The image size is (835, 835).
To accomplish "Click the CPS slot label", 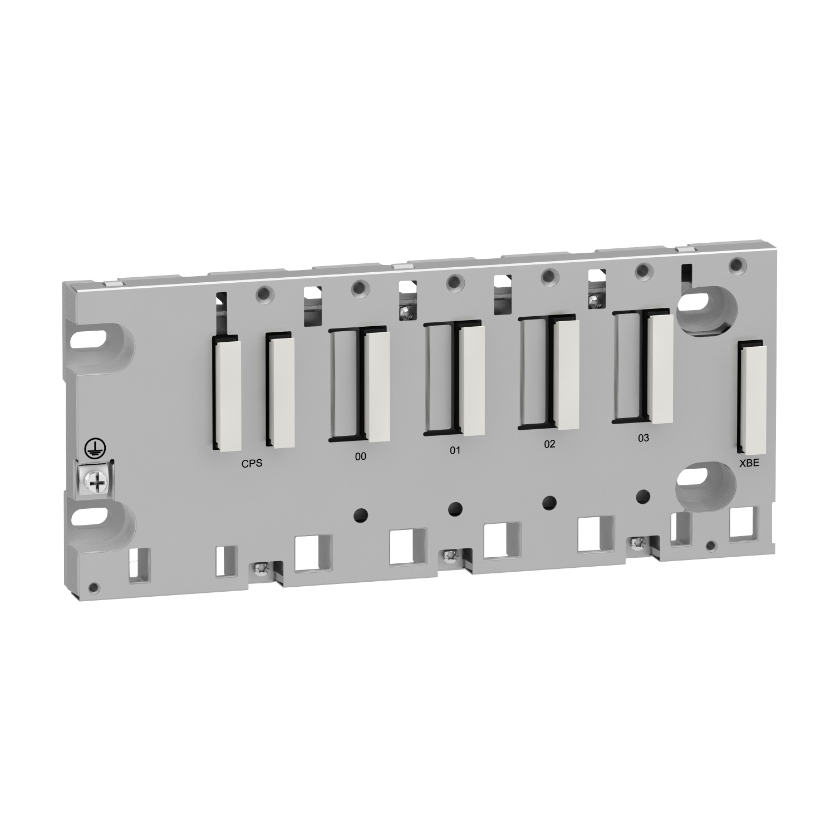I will (x=252, y=463).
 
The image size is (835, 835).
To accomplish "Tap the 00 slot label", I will (x=361, y=456).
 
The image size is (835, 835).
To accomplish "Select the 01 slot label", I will (x=455, y=450).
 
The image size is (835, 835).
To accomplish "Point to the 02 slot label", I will (x=549, y=444).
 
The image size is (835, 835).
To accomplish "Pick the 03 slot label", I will (x=643, y=438).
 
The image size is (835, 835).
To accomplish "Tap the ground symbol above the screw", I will (x=91, y=446).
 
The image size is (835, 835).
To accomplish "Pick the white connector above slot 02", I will (x=567, y=374).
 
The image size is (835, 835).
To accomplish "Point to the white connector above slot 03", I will (x=661, y=368).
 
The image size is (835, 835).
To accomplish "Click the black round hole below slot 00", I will (x=361, y=513).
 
